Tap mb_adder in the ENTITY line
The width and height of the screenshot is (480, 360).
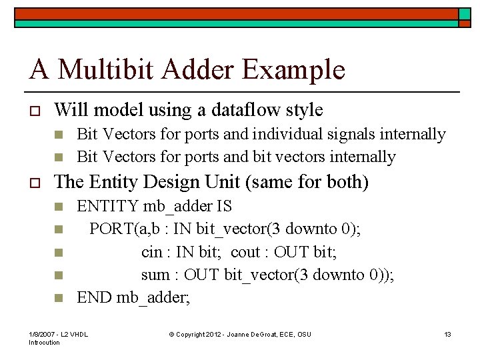(175, 207)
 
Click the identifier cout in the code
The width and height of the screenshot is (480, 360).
(245, 252)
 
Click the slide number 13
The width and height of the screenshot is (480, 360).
(448, 333)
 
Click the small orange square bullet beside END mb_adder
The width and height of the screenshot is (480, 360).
(58, 298)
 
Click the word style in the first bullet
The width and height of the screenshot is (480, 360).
(306, 110)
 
